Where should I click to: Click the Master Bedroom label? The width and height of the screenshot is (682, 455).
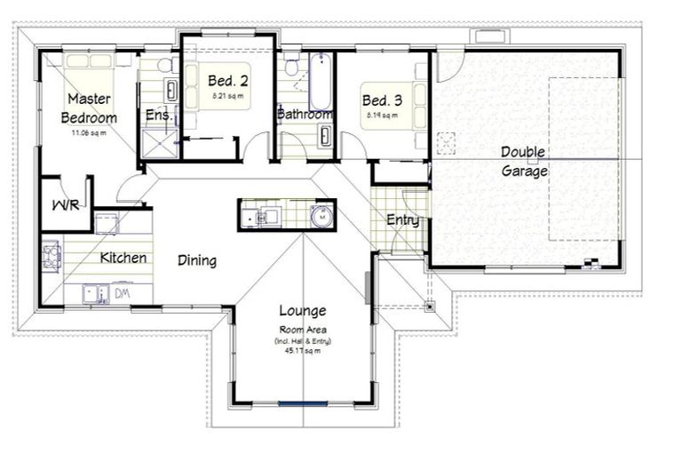coord(89,108)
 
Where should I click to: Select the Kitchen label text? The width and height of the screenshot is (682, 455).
coord(123,258)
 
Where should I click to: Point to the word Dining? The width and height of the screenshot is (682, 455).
coord(197,260)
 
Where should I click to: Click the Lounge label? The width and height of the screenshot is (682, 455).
coord(302,311)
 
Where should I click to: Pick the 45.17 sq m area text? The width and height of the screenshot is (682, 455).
coord(302,350)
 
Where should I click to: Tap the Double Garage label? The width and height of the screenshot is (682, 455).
coord(523,162)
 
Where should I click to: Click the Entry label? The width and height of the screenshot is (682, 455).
coord(402,220)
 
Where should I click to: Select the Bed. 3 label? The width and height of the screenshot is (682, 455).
coord(380,100)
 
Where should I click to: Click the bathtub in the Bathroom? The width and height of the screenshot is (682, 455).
coord(321,82)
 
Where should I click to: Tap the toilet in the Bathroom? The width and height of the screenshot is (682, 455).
coord(291,67)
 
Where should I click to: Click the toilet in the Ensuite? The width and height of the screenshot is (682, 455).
coord(164,66)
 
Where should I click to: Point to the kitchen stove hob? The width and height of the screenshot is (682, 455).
coord(51,256)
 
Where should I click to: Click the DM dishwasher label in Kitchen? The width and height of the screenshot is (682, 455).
coord(123,291)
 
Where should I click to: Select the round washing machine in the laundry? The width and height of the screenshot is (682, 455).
coord(322,214)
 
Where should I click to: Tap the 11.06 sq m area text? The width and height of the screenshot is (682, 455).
coord(89,133)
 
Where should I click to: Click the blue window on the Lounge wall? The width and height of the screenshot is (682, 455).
coord(303,404)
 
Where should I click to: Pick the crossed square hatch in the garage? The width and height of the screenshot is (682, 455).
coord(446,142)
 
